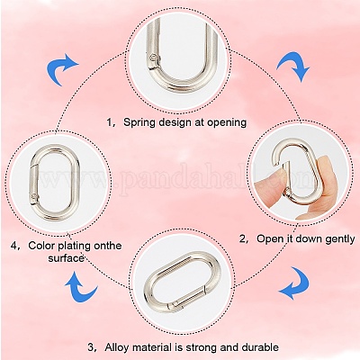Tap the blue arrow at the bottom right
pyautogui.click(x=295, y=283)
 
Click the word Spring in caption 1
pyautogui.click(x=139, y=122)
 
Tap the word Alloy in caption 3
pyautogui.click(x=117, y=348)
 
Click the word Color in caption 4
pyautogui.click(x=41, y=246)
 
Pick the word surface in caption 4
pyautogui.click(x=66, y=258)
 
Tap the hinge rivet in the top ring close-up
pyautogui.click(x=154, y=58)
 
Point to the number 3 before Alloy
pyautogui.click(x=91, y=348)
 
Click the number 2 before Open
pyautogui.click(x=242, y=239)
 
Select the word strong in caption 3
pyautogui.click(x=202, y=348)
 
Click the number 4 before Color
pyautogui.click(x=14, y=246)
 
